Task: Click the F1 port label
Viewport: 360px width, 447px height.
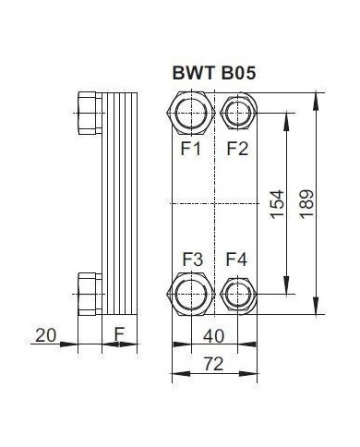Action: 190,148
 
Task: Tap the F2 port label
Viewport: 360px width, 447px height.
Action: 237,148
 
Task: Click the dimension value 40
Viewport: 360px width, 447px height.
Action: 214,336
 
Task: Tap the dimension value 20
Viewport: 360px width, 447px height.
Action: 43,334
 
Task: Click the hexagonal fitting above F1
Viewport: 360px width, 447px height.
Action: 191,113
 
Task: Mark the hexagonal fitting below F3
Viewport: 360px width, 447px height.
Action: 191,295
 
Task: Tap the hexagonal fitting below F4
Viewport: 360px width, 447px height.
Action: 237,295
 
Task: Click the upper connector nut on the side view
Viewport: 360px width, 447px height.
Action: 90,113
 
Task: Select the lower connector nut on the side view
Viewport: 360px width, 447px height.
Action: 90,293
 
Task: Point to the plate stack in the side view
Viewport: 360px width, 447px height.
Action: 118,203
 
